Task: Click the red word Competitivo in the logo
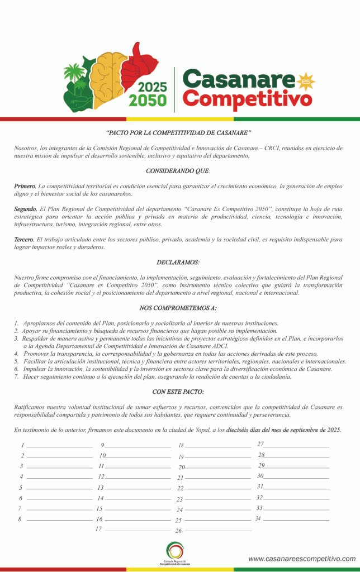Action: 248,99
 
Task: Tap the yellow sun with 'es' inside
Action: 306,82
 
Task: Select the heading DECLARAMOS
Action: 178,261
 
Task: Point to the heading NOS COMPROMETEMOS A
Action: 178,308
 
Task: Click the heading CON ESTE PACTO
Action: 178,392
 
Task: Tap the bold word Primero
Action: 25,185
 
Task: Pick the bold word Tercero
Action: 25,239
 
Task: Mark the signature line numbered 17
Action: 138,530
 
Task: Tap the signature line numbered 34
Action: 296,520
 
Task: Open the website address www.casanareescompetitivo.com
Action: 302,559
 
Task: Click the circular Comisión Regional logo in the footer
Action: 175,551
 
